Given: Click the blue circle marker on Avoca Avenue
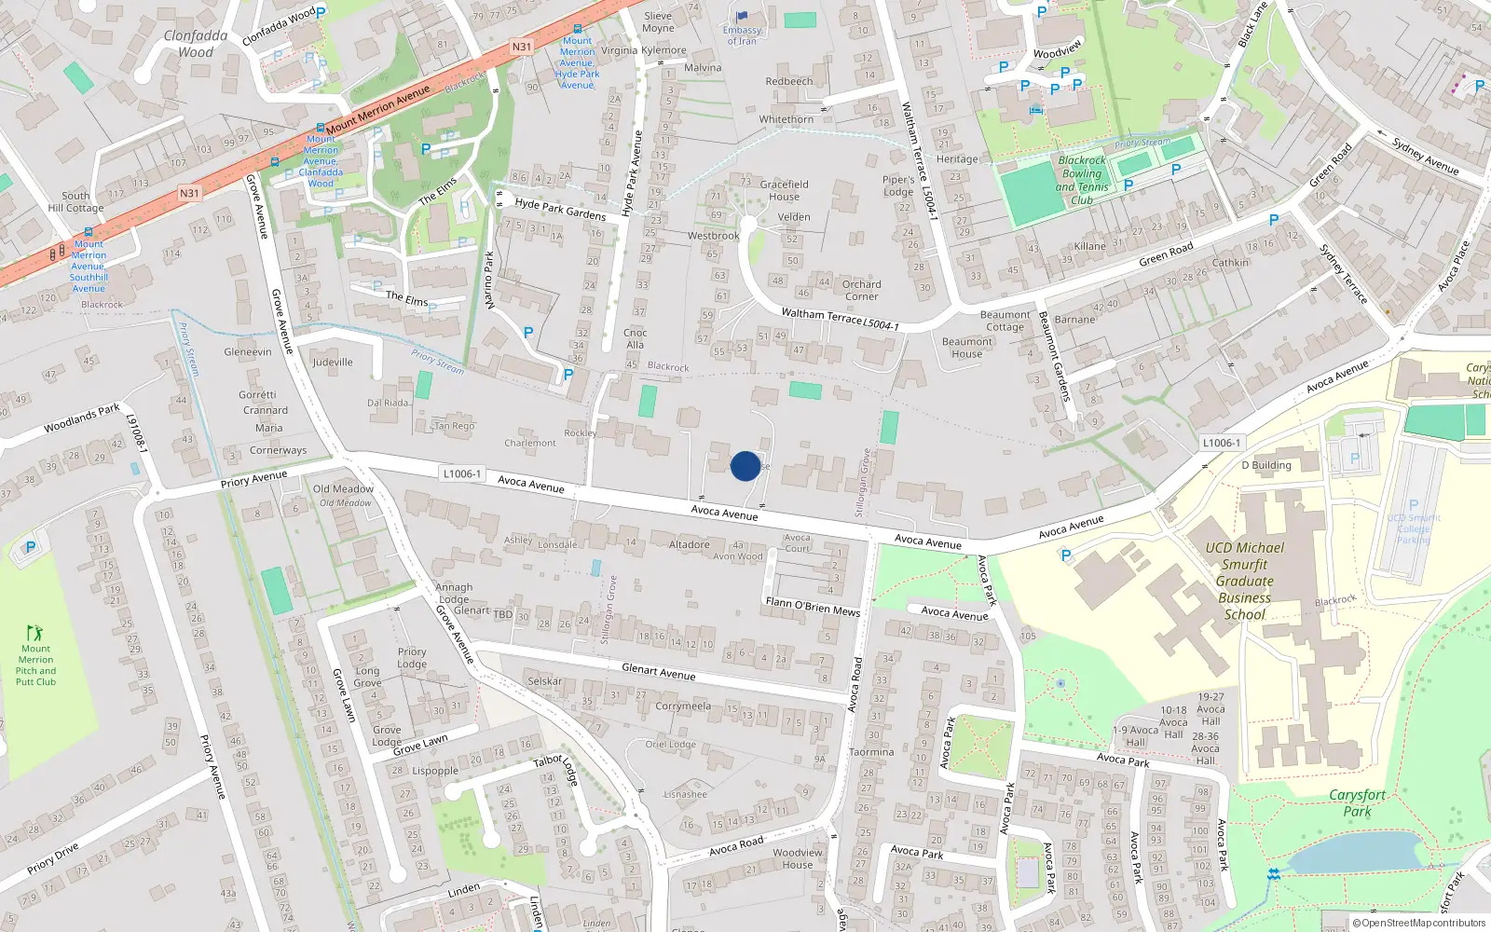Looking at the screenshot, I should coord(745,466).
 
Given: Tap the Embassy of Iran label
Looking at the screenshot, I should coord(742,35).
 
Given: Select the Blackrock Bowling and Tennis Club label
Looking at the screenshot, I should coord(1082,180).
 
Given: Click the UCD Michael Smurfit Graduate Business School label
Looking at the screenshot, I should coord(1244,581).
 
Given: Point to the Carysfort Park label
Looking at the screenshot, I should coord(1357,802).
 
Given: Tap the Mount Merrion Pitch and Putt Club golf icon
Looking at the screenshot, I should coord(34,633).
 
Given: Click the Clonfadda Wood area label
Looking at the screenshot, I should coord(196,44).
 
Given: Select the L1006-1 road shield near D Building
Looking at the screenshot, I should coord(1221,444).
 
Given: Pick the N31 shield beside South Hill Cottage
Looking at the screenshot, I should coord(189,194).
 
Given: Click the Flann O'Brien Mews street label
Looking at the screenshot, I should coord(813,607).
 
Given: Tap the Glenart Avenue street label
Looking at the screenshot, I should coord(658,671).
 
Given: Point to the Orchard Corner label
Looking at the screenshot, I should coord(861,291).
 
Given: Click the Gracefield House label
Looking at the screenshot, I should coord(784,190).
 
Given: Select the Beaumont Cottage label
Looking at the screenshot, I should coord(1005,321).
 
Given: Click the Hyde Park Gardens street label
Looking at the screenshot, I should coord(560,209).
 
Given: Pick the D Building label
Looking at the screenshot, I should coord(1266,465).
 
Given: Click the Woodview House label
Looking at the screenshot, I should coord(798,858).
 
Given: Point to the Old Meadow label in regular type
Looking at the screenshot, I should coord(343,488).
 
